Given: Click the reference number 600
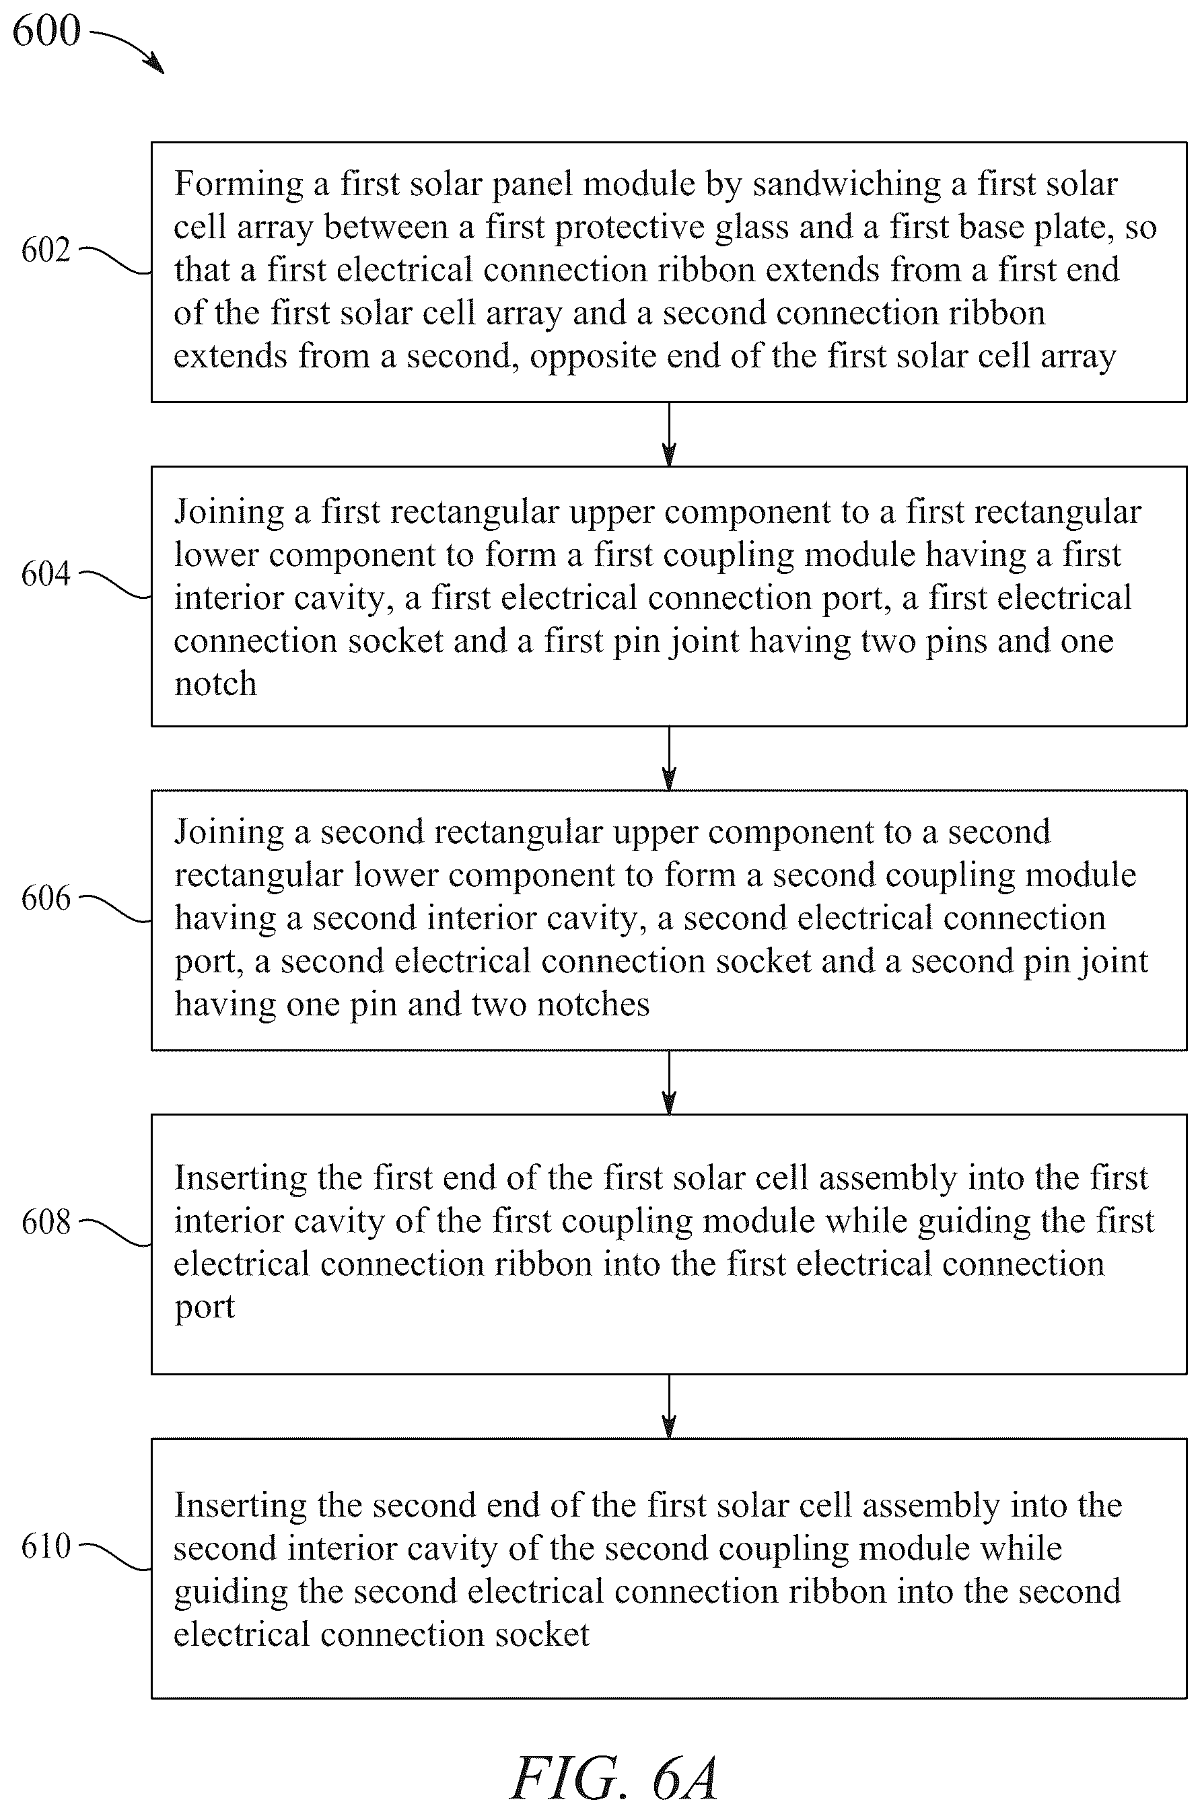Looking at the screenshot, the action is tap(46, 32).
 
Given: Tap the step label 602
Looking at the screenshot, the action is tap(46, 250).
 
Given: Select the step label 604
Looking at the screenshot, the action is tap(46, 574).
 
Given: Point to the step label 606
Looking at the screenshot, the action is tap(46, 898).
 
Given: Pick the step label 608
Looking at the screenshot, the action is tap(46, 1223).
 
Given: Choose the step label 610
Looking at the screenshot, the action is tap(46, 1546).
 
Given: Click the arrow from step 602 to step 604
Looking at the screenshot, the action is tap(669, 434).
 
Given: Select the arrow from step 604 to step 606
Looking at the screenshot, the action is tap(669, 758).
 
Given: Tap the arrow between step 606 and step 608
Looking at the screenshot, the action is tap(669, 1082).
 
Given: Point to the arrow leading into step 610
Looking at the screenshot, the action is tap(669, 1406).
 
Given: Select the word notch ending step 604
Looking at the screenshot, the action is tap(215, 684).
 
